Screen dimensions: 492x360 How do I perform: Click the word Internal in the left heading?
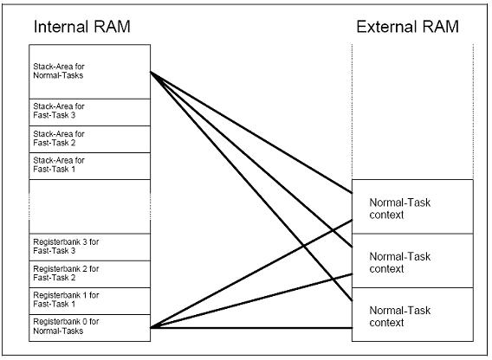pos(61,26)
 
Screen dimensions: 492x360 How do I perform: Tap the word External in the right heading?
pos(386,26)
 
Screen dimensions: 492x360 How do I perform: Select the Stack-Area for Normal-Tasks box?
pos(90,72)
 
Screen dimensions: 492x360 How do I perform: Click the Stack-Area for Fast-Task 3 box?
pos(90,112)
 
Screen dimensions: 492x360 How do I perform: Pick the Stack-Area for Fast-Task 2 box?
pos(90,139)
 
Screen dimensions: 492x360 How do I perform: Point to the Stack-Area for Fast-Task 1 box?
pos(90,166)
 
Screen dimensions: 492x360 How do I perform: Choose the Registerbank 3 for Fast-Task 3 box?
pos(90,247)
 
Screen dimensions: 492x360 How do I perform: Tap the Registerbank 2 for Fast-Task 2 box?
pos(90,274)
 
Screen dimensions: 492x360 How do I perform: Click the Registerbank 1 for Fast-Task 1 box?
pos(90,301)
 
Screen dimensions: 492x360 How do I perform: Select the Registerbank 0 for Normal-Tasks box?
pos(90,328)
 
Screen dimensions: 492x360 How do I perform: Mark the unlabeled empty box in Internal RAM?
pos(90,206)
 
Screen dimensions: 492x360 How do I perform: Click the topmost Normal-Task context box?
pos(412,207)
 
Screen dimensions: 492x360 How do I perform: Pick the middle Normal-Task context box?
pos(412,260)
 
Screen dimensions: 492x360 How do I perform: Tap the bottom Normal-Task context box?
pos(412,314)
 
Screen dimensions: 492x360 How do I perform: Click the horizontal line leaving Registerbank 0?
pos(251,328)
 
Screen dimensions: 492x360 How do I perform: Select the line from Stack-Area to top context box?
pos(251,132)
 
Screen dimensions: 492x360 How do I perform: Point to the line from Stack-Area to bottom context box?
pos(251,186)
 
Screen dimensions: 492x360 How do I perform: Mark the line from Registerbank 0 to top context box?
pos(251,274)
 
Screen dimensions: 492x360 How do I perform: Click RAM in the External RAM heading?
pos(441,26)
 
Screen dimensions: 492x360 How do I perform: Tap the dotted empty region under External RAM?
pos(412,112)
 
